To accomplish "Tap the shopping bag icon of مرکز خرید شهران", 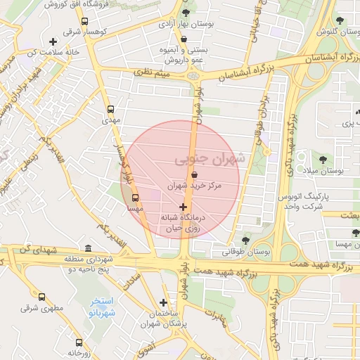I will tap(195, 175).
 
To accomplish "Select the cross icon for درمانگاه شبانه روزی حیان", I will tap(184, 207).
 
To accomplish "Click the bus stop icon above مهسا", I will tap(135, 198).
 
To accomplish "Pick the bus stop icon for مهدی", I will tap(110, 109).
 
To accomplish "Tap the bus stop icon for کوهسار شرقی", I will tap(85, 22).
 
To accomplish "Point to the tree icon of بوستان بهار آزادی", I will tap(186, 13).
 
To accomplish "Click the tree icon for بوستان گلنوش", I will tap(340, 21).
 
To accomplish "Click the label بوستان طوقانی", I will tap(247, 251).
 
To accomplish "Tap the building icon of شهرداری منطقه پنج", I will tap(87, 248).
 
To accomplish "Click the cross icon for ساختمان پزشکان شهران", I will tap(164, 302).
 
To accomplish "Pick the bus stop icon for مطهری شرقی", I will tap(41, 297).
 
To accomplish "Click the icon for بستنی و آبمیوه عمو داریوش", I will tap(184, 39).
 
